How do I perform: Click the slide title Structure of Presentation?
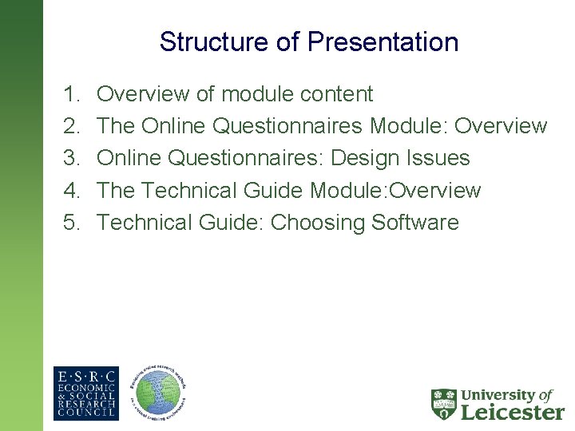pos(308,42)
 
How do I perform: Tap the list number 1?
pos(69,94)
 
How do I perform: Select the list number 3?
pos(69,158)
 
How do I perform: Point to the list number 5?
pos(69,222)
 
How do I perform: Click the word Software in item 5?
pos(415,222)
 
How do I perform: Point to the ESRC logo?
pos(85,393)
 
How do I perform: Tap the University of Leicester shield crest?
pos(443,405)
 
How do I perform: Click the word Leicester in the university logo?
pos(513,412)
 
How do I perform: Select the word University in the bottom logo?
pos(496,395)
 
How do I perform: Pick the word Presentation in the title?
pos(383,42)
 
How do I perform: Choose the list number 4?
pos(69,190)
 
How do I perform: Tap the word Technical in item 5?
pos(145,222)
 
